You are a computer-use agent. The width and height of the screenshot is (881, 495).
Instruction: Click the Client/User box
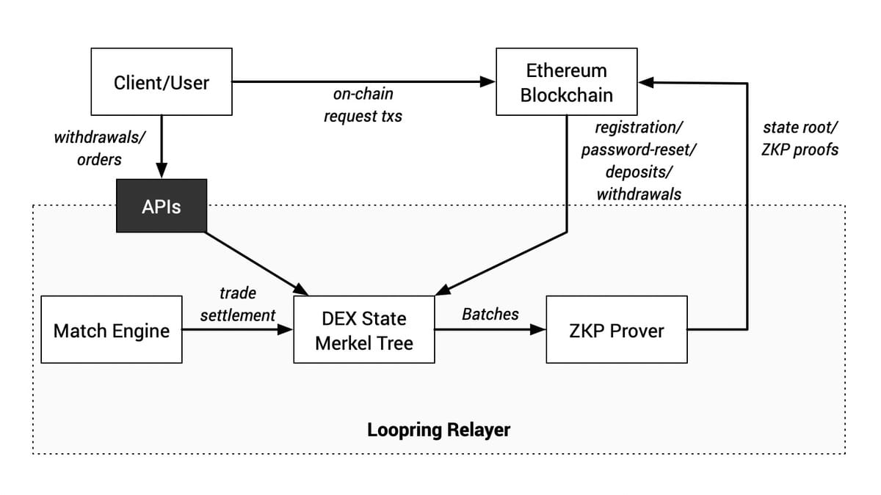(161, 82)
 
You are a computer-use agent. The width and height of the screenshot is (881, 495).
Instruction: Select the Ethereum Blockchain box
(566, 82)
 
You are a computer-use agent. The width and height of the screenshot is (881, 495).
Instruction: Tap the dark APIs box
(161, 207)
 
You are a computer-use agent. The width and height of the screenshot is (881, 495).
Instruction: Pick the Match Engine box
(112, 330)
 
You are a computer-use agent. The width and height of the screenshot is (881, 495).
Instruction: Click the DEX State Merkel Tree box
(363, 330)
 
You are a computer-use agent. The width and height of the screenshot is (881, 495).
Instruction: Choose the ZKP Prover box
(617, 330)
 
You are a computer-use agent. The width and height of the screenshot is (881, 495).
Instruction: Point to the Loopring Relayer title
(438, 429)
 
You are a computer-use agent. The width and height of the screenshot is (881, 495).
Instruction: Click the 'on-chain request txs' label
(363, 105)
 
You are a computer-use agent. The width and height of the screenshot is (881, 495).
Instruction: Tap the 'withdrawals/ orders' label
(99, 147)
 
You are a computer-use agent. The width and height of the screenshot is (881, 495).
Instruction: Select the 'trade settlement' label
(237, 304)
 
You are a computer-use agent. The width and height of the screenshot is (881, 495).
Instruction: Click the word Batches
(490, 314)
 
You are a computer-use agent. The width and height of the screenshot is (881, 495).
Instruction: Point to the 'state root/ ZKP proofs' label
(800, 139)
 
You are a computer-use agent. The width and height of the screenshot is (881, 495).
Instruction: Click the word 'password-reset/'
(639, 150)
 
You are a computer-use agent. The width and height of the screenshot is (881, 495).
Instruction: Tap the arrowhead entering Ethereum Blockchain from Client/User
(487, 82)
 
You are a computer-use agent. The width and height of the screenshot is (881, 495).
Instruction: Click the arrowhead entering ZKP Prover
(538, 330)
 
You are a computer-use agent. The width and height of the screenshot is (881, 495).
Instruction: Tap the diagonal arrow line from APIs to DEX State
(253, 261)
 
